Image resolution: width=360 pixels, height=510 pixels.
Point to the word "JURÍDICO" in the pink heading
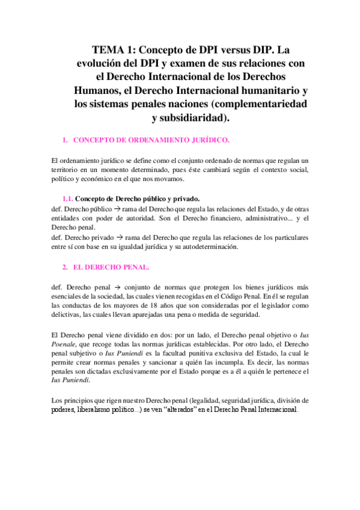click(206, 140)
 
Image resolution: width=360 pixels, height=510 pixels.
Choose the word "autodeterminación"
click(209, 247)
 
